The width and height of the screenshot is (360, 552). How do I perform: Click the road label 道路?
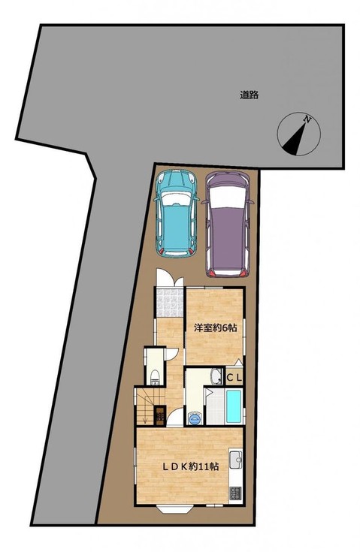coord(250,95)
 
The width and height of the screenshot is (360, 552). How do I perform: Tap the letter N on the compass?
coord(307,119)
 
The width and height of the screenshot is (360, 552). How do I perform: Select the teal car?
coord(176,214)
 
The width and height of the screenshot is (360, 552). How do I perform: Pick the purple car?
coord(230,225)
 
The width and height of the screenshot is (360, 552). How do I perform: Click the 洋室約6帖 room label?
coord(215,327)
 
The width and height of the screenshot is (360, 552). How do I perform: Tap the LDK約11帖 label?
coord(190,467)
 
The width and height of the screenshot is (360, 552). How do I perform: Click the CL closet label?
coord(234,379)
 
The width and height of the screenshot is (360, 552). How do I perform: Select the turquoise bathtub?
coord(234,406)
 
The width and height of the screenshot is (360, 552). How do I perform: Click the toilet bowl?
coord(155,378)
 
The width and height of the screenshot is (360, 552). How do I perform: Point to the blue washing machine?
coord(195,418)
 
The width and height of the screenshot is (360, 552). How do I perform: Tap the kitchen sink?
coord(235,460)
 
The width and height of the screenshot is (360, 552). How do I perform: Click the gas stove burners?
coord(235,493)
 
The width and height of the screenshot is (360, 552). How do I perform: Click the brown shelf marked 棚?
coord(160,416)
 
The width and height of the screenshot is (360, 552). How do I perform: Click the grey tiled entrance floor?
coord(170,302)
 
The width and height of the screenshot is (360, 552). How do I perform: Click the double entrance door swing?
coord(170,278)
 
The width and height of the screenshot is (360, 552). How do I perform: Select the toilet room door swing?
coord(172,354)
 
